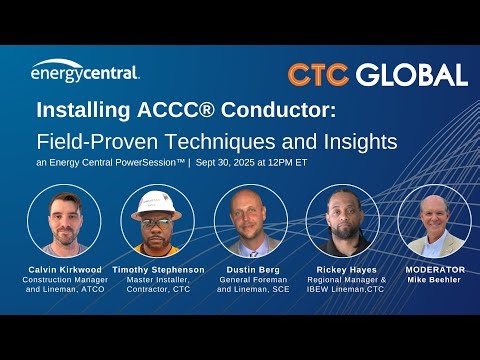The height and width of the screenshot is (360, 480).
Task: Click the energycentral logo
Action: tap(85, 71)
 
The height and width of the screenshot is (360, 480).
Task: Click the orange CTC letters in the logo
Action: tap(318, 75)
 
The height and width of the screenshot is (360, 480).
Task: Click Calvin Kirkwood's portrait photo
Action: tap(64, 222)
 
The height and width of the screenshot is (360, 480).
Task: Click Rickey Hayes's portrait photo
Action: tap(341, 222)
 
